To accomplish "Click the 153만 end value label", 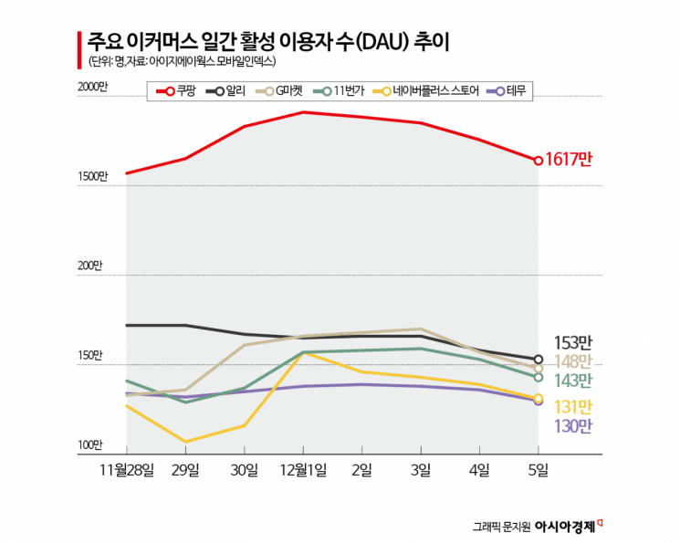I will click(x=573, y=342).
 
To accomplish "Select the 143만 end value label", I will click(x=573, y=380).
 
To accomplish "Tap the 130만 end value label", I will click(x=573, y=425).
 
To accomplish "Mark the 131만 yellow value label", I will click(x=573, y=406).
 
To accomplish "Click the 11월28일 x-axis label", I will click(x=127, y=470).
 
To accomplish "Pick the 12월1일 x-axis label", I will click(x=303, y=470).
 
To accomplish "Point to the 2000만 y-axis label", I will click(x=92, y=86).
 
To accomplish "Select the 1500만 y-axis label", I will click(x=92, y=176).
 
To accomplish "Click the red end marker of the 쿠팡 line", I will click(x=539, y=161).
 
